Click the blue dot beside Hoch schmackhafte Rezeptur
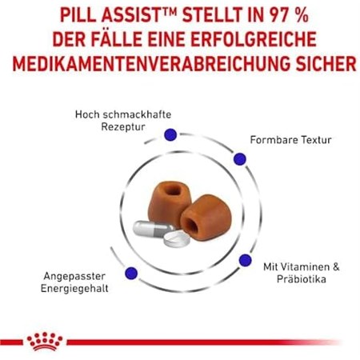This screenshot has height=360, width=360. [170, 134]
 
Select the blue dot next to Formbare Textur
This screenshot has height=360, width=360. [238, 160]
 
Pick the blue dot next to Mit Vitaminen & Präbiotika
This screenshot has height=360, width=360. [245, 260]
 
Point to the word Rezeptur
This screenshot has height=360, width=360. [124, 127]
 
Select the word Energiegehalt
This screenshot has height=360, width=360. [78, 289]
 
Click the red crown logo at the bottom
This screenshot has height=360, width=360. [45, 341]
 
